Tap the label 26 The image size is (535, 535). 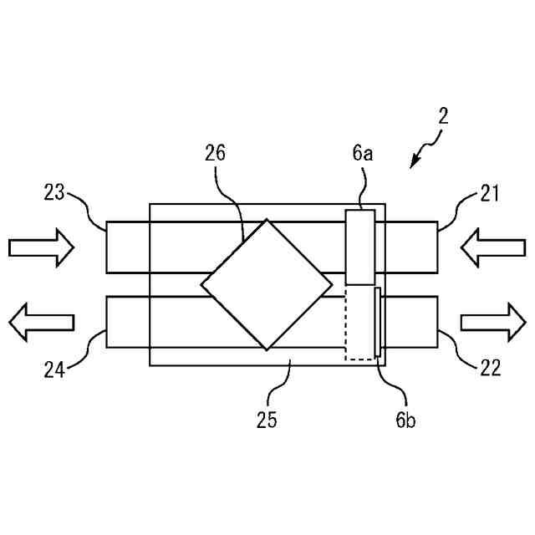point(215,153)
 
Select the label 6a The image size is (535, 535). point(361,153)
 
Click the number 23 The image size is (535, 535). point(54,194)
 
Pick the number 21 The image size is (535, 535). point(488,194)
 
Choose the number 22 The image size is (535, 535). point(490,368)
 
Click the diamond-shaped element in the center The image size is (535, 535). point(266,284)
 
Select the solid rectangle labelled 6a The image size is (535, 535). point(360,247)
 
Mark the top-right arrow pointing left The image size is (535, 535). point(494,247)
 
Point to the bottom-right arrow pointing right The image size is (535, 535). point(494,322)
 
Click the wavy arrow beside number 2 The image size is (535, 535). point(425,152)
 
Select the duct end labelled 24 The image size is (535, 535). point(125,322)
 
